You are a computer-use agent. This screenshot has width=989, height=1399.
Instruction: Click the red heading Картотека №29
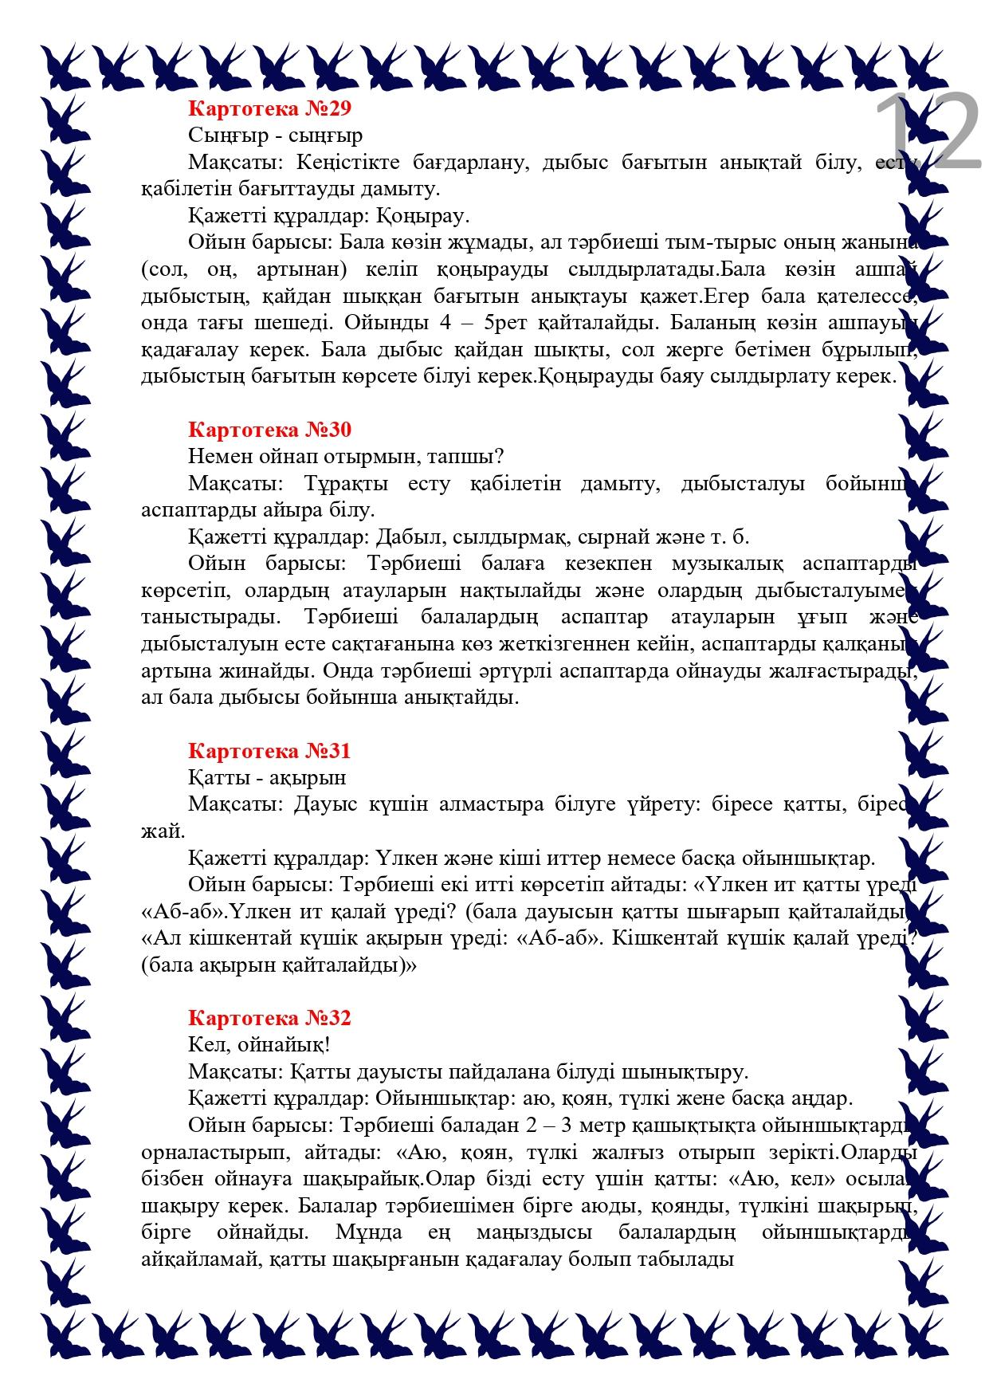coord(269,108)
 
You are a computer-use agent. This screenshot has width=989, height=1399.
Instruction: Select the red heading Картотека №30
coord(269,430)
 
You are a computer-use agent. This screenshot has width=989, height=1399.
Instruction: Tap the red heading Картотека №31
coord(269,751)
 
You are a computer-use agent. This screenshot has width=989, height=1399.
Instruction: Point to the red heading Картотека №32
coord(269,1018)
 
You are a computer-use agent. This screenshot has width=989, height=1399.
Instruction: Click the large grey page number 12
coord(928,132)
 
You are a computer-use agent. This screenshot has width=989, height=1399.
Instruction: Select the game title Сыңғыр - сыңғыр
coord(276,135)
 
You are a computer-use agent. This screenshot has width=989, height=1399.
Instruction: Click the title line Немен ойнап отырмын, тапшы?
coord(346,457)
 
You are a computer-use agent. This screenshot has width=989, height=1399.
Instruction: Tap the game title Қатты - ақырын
coord(267,777)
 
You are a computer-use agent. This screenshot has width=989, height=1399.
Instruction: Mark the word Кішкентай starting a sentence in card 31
coord(665,937)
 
